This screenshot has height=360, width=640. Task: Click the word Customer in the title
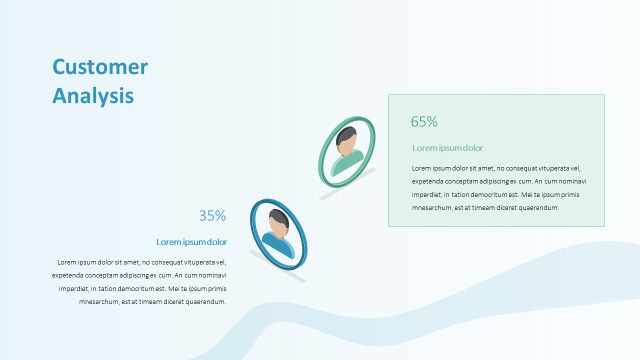tap(100, 67)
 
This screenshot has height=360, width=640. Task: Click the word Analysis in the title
tap(93, 95)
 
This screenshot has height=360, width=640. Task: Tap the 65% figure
tap(424, 121)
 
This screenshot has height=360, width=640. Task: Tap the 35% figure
tap(212, 215)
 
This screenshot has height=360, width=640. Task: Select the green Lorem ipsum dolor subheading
tap(447, 148)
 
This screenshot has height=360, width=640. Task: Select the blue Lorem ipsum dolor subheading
tap(191, 242)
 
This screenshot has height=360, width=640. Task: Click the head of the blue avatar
tap(278, 223)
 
